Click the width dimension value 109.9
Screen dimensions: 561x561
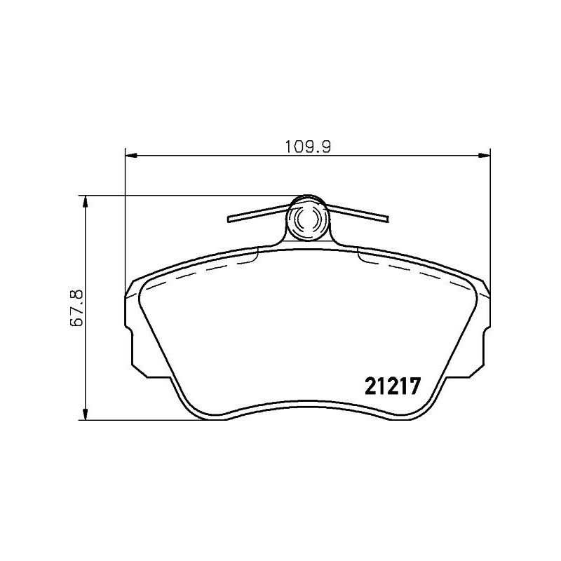306,147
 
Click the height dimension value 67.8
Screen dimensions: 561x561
77,306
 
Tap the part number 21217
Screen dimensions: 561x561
392,386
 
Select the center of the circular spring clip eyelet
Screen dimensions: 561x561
307,219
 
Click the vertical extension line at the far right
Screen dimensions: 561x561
489,210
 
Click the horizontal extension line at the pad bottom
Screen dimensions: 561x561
140,420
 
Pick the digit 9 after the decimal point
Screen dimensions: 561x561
326,147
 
